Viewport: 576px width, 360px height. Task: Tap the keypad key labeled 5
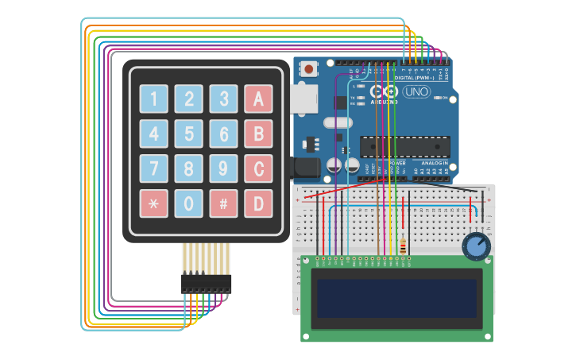coord(188,134)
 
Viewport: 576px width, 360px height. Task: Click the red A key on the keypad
coord(258,99)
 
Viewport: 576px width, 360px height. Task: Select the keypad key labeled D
coord(258,203)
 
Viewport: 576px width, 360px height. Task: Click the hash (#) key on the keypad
coord(223,203)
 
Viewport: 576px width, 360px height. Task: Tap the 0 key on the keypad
coord(188,203)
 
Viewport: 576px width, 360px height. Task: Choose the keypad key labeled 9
coord(223,168)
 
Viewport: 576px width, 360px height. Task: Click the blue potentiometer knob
coord(476,246)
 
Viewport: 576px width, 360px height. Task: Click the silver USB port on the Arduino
coord(304,98)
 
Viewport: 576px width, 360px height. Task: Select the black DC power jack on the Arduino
coord(305,167)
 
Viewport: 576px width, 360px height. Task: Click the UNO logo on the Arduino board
coord(416,91)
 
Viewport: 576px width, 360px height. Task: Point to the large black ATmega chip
coord(404,147)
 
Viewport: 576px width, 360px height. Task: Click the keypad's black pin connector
coord(206,283)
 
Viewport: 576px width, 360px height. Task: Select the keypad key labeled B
coord(258,134)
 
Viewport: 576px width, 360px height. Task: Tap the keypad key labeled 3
coord(223,99)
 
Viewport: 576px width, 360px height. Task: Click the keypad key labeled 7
coord(153,168)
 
